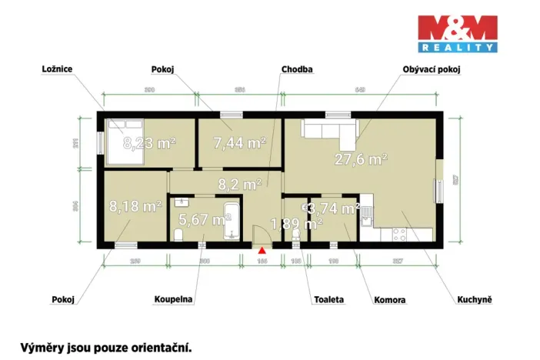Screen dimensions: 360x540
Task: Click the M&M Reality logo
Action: (457, 33)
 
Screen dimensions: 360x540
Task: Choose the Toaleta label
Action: (328, 299)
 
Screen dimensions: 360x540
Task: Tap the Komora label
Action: (389, 299)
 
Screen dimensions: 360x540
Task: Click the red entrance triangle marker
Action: (262, 249)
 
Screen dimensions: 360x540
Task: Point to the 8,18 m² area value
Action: (135, 206)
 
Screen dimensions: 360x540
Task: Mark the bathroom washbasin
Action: (182, 202)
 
